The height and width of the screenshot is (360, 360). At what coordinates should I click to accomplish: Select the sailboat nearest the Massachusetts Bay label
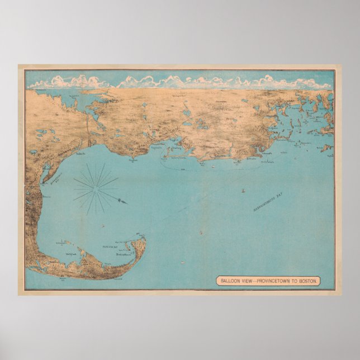click(243, 191)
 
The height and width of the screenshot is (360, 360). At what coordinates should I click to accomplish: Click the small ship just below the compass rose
click(102, 223)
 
